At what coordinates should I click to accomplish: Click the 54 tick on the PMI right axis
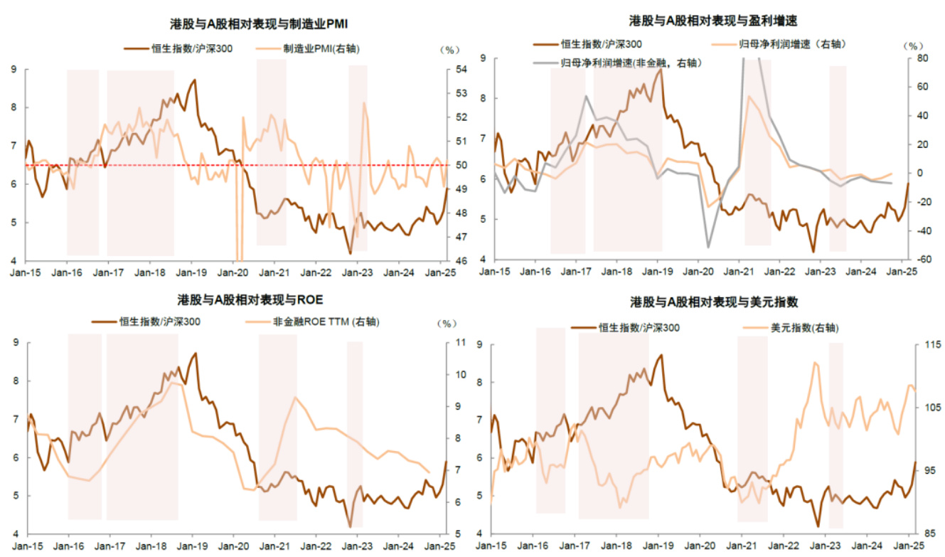[x=461, y=70]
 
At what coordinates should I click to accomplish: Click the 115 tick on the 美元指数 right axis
[x=924, y=345]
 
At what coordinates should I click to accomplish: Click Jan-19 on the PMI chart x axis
[x=191, y=272]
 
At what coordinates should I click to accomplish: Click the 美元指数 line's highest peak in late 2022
[x=815, y=363]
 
